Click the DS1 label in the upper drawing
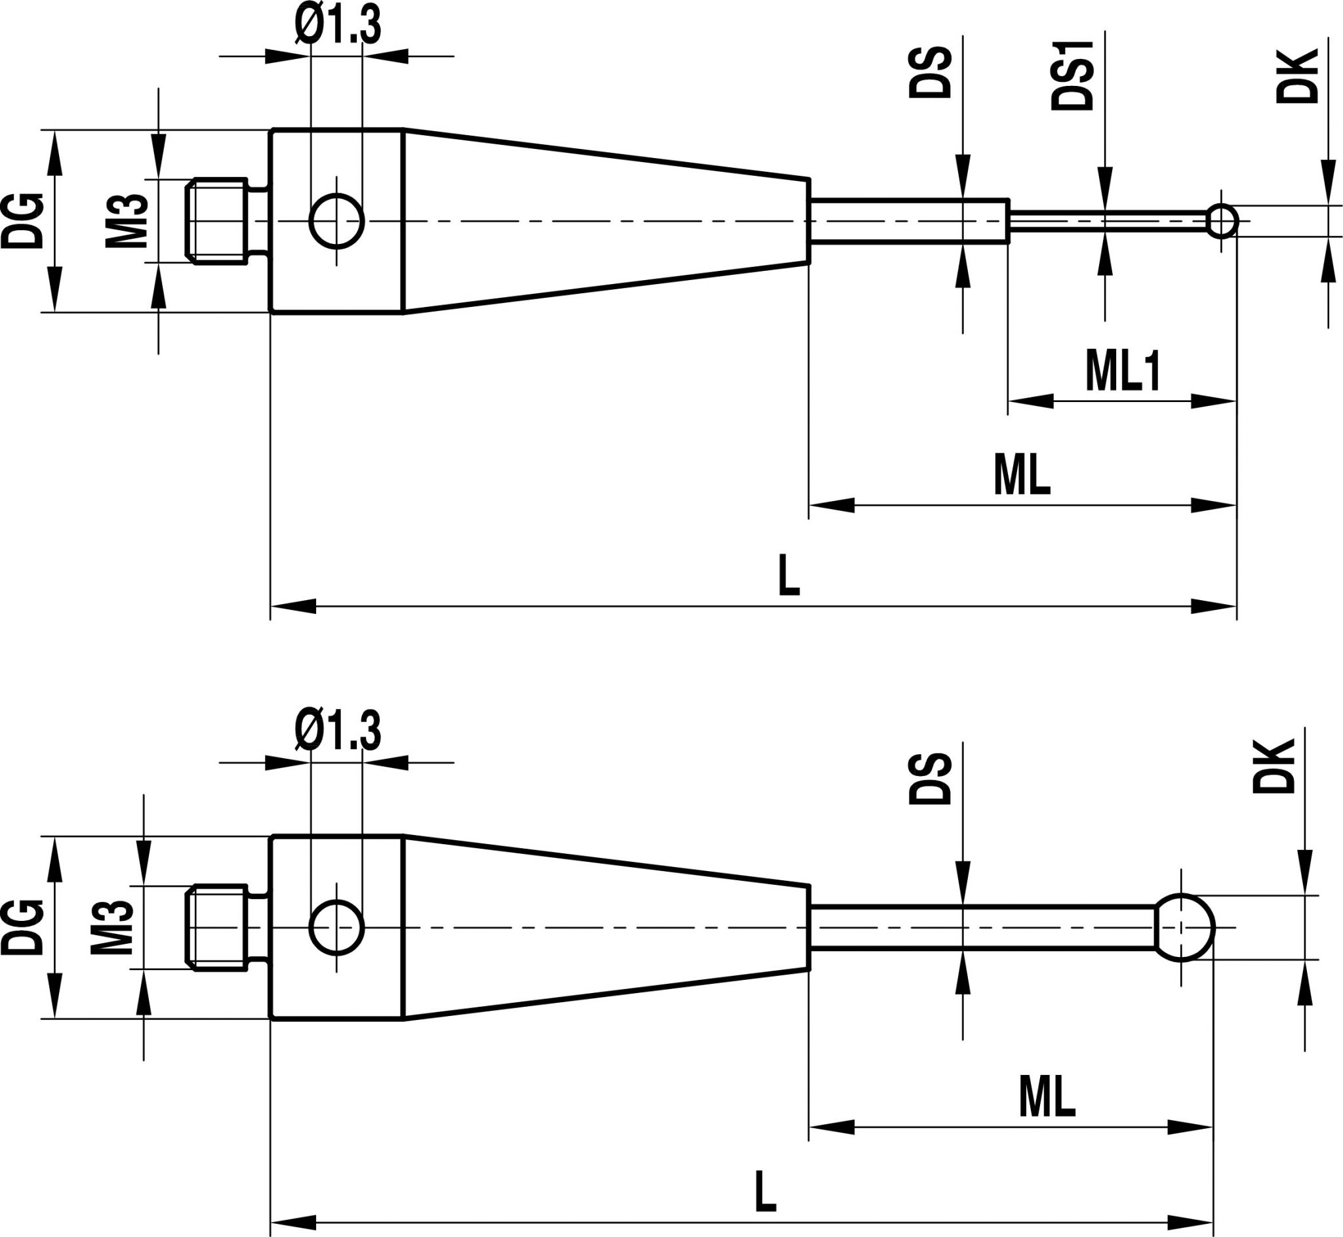tap(1072, 75)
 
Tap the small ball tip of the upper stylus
tap(1222, 221)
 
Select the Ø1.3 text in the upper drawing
tap(338, 26)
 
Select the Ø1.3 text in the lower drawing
tap(338, 731)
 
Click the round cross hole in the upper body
tap(336, 221)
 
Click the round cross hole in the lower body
tap(336, 927)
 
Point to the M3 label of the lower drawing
tap(111, 927)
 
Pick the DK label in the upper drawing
tap(1296, 75)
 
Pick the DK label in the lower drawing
tap(1273, 767)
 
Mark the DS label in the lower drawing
tap(929, 779)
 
